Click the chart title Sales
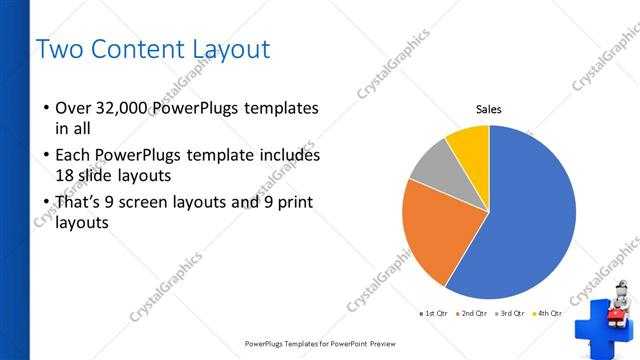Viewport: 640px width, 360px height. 488,110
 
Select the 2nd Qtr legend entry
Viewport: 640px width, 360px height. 470,313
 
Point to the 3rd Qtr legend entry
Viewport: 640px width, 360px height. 509,313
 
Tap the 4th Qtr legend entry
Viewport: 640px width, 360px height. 547,313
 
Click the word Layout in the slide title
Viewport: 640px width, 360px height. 229,48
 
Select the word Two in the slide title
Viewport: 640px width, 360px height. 57,48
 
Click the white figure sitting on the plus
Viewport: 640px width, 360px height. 620,300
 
